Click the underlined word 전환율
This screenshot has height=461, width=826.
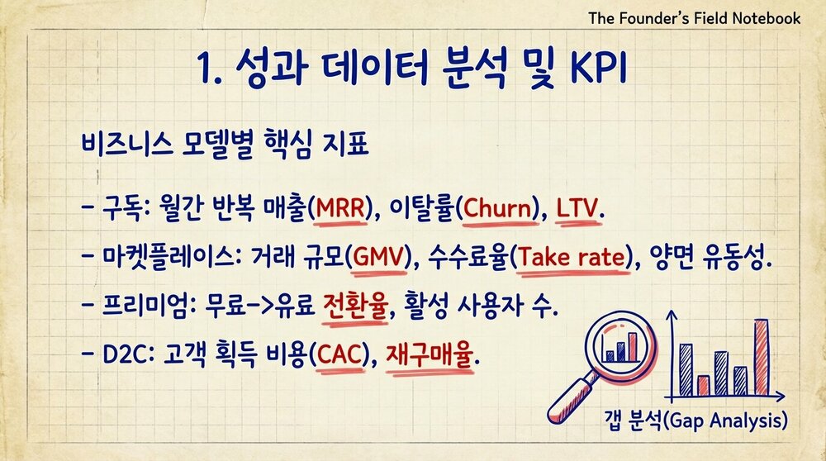tap(349, 307)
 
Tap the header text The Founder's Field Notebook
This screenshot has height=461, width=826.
tap(694, 17)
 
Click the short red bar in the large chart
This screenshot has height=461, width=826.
tap(703, 385)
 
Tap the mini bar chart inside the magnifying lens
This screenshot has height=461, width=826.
tap(620, 347)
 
